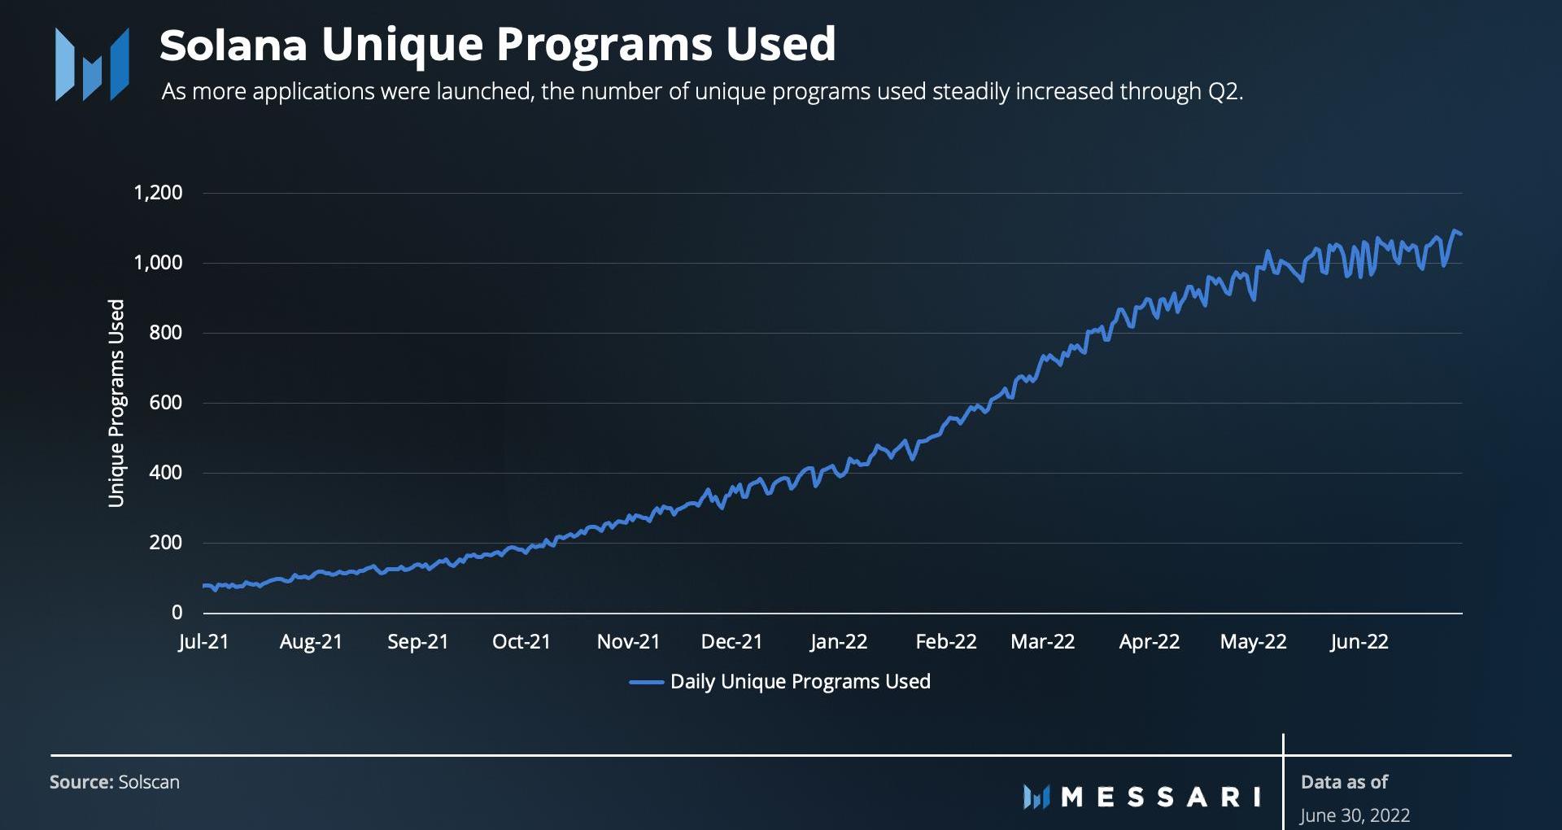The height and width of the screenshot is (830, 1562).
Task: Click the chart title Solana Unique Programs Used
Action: point(497,44)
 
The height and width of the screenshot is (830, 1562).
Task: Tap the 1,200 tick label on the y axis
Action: point(158,193)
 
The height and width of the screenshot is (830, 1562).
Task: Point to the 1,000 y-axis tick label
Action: point(158,263)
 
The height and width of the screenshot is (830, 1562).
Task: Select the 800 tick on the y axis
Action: point(165,333)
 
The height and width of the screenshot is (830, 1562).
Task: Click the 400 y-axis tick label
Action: point(165,473)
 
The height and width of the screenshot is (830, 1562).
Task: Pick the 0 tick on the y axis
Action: point(177,613)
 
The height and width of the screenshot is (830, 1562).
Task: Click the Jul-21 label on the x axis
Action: point(203,642)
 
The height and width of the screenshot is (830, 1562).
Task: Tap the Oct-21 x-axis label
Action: point(521,642)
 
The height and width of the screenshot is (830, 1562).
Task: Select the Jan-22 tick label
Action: point(839,642)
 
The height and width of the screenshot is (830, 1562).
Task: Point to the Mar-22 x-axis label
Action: point(1042,642)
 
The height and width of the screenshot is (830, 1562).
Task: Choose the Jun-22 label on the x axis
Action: point(1359,642)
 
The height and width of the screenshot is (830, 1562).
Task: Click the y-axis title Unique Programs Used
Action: point(116,403)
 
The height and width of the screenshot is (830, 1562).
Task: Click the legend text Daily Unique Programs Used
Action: point(800,682)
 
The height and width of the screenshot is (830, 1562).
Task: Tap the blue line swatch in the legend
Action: point(646,683)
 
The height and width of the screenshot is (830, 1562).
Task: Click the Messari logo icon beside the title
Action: point(92,65)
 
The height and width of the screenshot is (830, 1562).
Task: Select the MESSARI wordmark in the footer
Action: point(1161,797)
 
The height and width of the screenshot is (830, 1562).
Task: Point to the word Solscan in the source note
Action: point(149,782)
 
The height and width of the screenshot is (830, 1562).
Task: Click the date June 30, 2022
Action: point(1355,815)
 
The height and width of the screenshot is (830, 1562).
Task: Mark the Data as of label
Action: point(1344,782)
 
